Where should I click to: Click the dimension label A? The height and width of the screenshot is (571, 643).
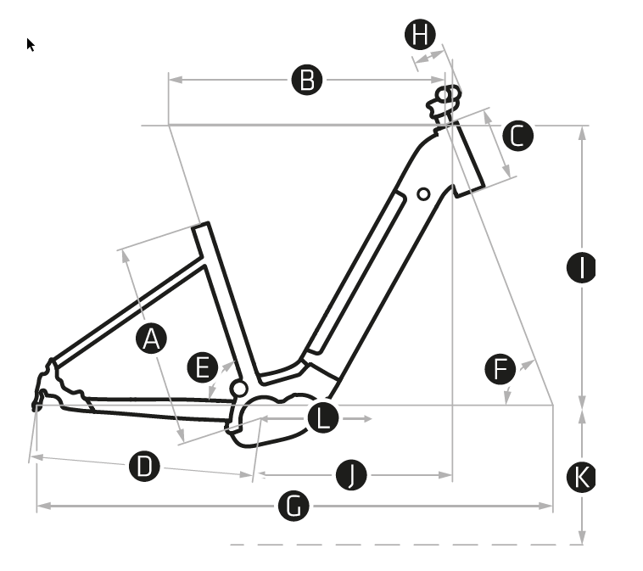[x=151, y=339]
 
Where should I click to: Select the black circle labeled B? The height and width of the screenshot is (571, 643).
[x=307, y=80]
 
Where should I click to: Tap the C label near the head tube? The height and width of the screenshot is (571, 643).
[x=517, y=136]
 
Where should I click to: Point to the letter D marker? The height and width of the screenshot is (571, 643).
[x=145, y=466]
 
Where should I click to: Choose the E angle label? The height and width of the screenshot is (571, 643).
[x=202, y=368]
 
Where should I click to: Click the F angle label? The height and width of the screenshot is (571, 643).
[x=500, y=370]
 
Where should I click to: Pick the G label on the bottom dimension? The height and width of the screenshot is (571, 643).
[x=294, y=507]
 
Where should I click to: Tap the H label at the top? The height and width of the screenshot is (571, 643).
[x=420, y=35]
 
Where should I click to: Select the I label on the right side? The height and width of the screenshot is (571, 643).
[x=581, y=268]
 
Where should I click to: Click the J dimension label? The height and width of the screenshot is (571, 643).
[x=351, y=475]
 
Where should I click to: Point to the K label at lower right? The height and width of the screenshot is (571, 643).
[x=581, y=478]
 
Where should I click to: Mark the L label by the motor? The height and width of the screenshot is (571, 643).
[x=322, y=418]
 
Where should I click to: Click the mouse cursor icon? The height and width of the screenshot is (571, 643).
[x=31, y=44]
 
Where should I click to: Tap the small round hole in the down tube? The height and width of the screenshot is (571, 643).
[x=423, y=194]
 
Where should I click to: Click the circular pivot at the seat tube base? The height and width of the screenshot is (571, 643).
[x=239, y=389]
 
